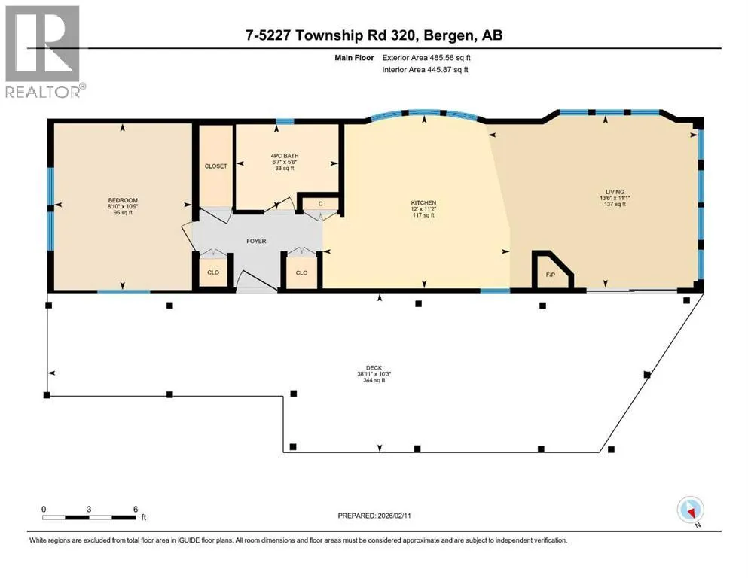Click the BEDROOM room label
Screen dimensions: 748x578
[x=123, y=200]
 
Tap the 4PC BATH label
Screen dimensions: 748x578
[x=284, y=156]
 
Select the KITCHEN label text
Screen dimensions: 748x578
[x=423, y=202]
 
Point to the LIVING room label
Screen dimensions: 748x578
[x=615, y=192]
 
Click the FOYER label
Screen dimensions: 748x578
[x=256, y=241]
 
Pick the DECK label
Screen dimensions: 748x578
[x=374, y=368]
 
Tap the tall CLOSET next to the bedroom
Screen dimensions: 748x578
[x=215, y=166]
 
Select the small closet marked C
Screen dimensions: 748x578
[x=321, y=203]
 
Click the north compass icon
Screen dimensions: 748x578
[x=690, y=510]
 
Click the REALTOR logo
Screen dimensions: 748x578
[x=44, y=51]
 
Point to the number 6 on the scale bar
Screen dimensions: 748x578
[x=136, y=509]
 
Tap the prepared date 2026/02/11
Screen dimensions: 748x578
[x=394, y=516]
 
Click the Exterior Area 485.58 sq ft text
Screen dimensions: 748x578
[x=426, y=58]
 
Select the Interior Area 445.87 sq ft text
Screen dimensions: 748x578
[x=425, y=69]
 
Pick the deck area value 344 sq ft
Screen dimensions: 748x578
[x=374, y=380]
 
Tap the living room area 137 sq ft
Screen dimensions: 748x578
[x=615, y=204]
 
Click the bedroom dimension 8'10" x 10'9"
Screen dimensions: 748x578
[x=123, y=207]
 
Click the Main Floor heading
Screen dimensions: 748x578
[x=354, y=58]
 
